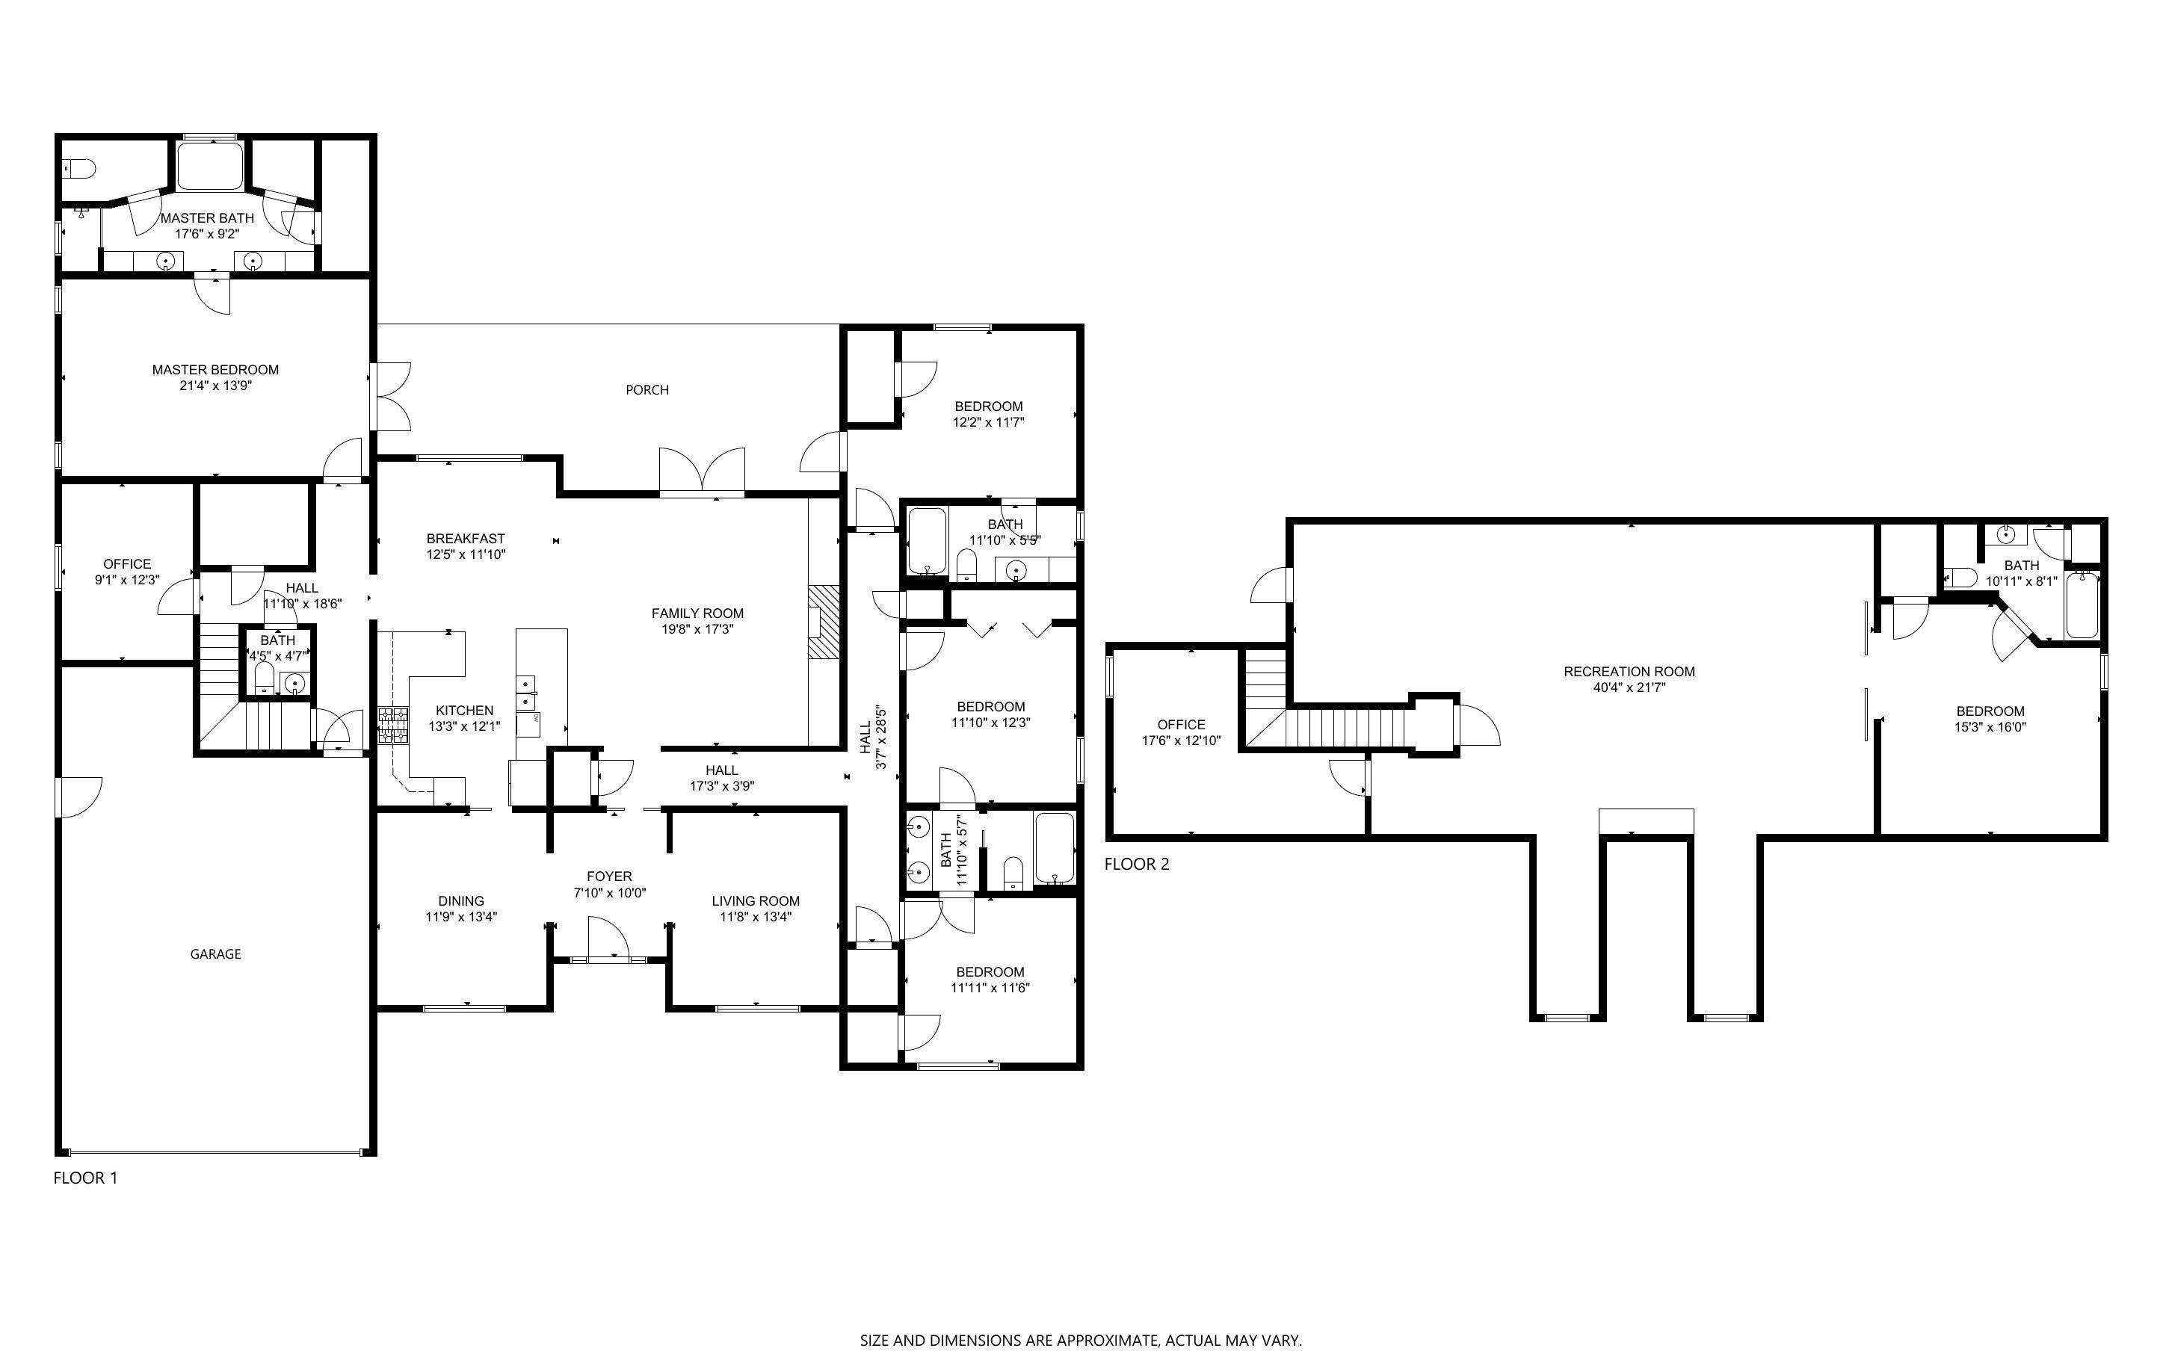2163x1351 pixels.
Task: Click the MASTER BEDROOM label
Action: [215, 369]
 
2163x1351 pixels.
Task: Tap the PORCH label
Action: [647, 389]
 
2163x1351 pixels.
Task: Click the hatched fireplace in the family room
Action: [824, 622]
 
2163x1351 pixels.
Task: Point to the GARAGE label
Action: [215, 954]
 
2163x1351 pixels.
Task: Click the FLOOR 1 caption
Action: [86, 1178]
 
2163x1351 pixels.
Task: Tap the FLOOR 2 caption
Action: [1137, 864]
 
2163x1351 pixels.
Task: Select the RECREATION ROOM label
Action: [1629, 671]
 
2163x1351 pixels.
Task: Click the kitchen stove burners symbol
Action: [392, 726]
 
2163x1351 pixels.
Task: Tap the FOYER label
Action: [609, 877]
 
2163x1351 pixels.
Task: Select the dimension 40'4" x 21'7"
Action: [1629, 688]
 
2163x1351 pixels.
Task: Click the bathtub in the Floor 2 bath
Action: [2082, 605]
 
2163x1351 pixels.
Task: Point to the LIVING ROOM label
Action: [755, 900]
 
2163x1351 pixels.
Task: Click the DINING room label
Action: [461, 900]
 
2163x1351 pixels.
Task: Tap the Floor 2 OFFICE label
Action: [1181, 725]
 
